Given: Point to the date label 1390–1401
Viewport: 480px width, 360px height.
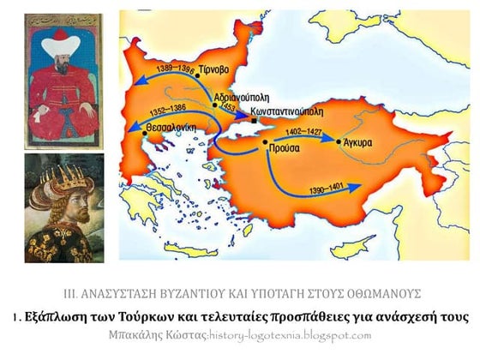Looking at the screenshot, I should [x=319, y=188].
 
